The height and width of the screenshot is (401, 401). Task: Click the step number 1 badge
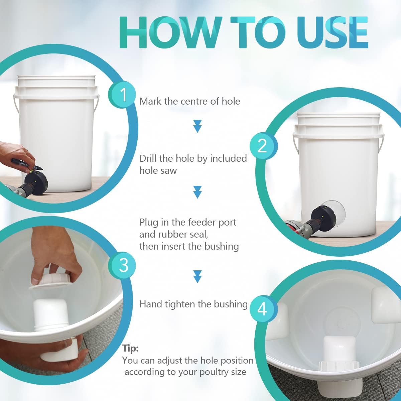122,94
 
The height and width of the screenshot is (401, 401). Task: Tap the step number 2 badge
264,146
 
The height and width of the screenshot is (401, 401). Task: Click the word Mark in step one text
150,101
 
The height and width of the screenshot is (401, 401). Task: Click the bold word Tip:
130,348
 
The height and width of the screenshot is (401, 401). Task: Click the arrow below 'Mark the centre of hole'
197,126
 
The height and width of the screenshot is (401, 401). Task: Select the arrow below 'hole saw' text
197,192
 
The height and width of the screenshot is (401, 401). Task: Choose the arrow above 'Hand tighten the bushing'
197,277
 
